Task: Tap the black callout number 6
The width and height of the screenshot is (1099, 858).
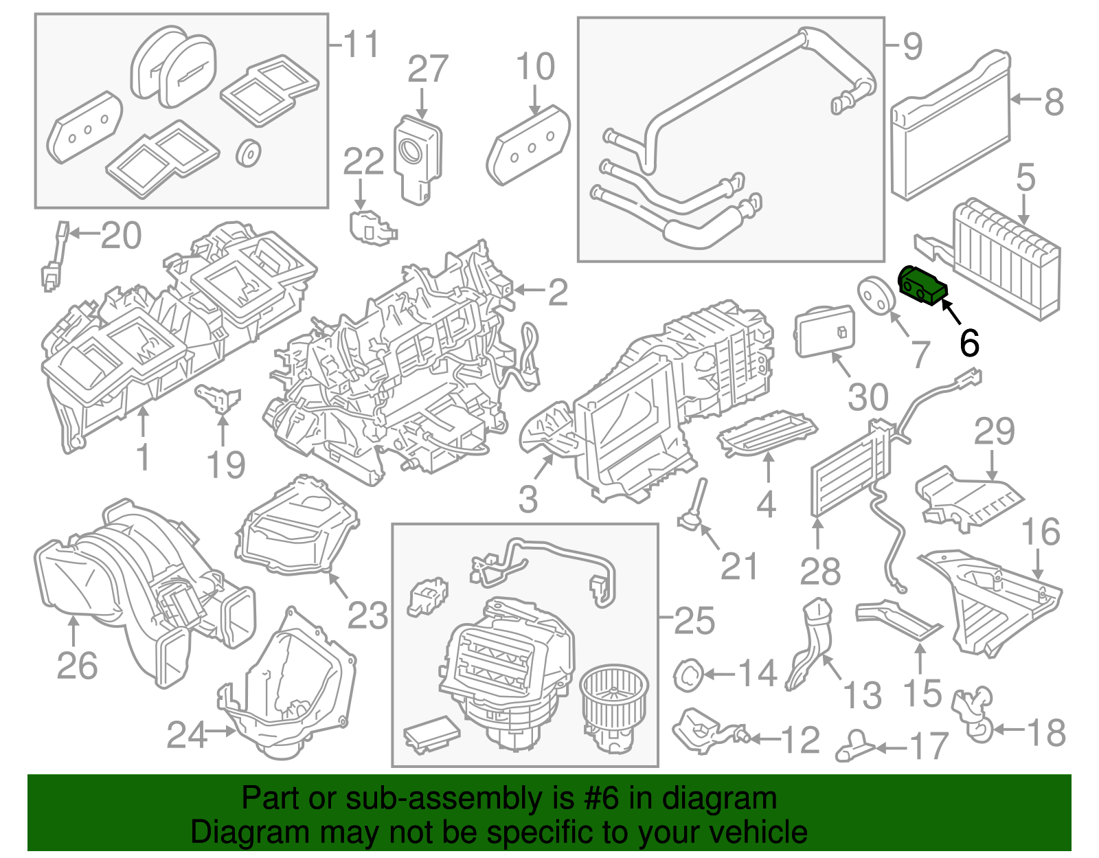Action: coord(968,342)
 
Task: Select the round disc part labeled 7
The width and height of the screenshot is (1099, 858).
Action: coord(876,295)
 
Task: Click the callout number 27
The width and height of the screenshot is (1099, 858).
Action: coord(427,69)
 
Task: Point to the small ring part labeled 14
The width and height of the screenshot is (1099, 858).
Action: coord(687,674)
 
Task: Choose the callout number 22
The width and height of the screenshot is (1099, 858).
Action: coord(363,163)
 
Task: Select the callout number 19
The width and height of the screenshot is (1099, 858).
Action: coord(226,465)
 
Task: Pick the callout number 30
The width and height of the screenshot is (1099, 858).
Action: coord(868,397)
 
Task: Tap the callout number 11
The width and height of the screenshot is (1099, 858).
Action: coord(361,45)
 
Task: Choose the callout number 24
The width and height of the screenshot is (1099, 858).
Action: coord(187,735)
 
